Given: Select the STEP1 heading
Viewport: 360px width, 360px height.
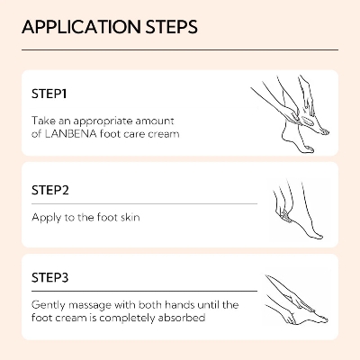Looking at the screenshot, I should pyautogui.click(x=49, y=93).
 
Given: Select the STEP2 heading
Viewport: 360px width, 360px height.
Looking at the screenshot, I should pyautogui.click(x=50, y=192).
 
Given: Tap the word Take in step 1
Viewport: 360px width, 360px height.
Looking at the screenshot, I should pyautogui.click(x=42, y=120).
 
